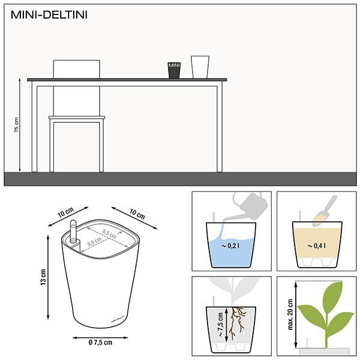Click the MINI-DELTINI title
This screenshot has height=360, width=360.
[49, 15]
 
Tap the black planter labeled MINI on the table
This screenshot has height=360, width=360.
[174, 70]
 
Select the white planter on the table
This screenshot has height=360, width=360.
[200, 67]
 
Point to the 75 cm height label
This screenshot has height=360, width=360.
[16, 125]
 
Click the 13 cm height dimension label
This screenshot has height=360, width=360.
[43, 277]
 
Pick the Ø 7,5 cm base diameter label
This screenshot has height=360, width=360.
[100, 343]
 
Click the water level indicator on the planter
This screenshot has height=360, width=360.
[73, 232]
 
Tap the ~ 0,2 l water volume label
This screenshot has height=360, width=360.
[230, 246]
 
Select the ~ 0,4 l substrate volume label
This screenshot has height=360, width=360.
[316, 246]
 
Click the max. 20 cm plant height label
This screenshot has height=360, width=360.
[290, 314]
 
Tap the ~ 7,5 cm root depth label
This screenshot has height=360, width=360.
[220, 325]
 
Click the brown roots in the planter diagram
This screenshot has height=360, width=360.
[237, 323]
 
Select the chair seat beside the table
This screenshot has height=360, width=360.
[77, 118]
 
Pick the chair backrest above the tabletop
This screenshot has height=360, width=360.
[76, 69]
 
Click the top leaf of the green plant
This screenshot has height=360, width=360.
[332, 295]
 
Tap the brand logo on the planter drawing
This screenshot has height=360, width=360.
[118, 319]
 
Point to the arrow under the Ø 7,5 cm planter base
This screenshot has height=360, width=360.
[100, 337]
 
